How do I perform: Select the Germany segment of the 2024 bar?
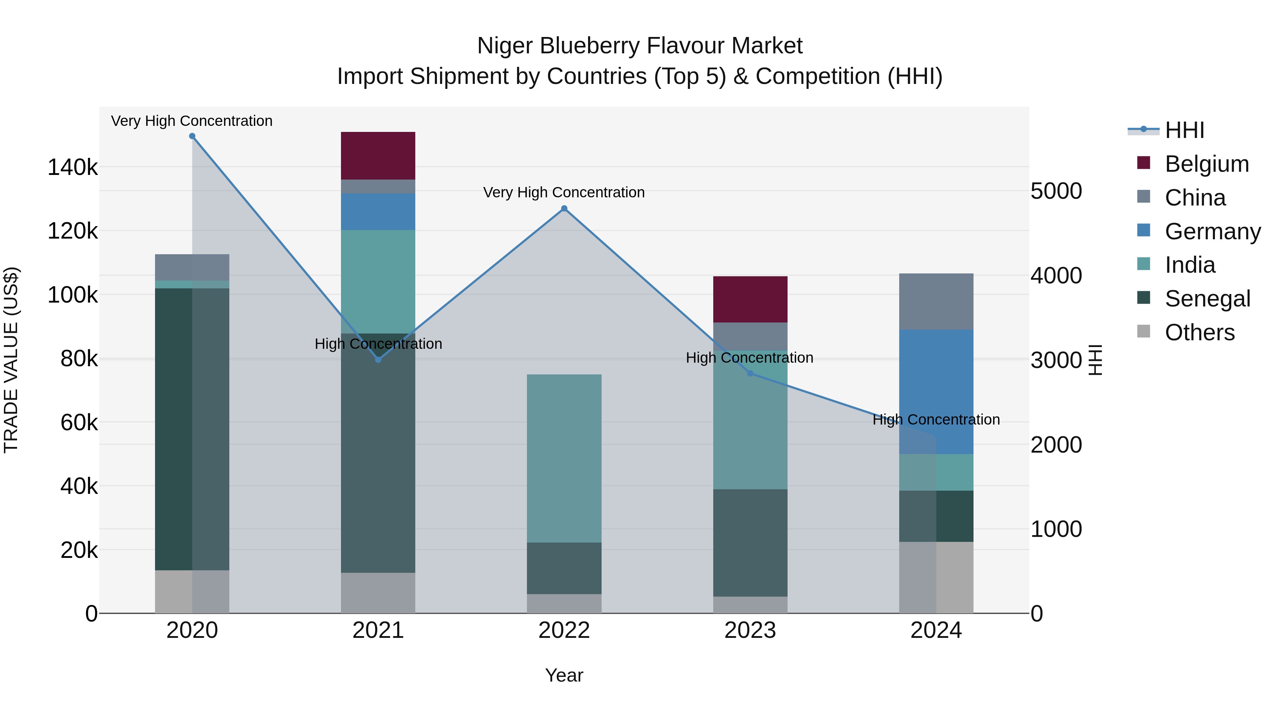(936, 391)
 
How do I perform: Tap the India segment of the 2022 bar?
(564, 458)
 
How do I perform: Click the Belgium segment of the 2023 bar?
(750, 299)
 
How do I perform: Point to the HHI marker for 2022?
(564, 209)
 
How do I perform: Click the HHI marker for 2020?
(192, 136)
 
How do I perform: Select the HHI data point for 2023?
(750, 373)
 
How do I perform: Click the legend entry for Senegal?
(1207, 299)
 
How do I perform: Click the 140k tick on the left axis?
(73, 167)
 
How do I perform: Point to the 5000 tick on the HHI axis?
(1056, 191)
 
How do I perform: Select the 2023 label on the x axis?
(750, 630)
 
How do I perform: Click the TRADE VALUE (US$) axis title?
(11, 360)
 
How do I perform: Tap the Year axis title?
(564, 675)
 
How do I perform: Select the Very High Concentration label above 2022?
(564, 192)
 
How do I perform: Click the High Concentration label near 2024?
(936, 420)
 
